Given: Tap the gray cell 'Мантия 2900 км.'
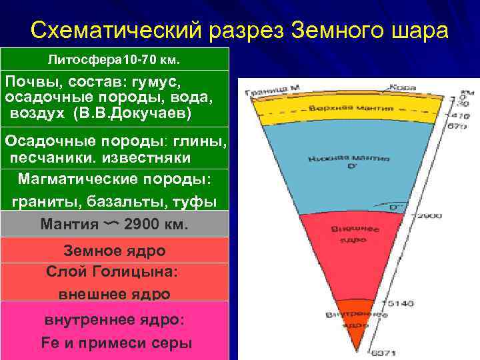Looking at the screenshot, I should [x=114, y=225].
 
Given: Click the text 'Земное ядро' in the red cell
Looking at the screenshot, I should [x=114, y=251].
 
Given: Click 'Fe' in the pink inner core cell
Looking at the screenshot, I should [x=51, y=343].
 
